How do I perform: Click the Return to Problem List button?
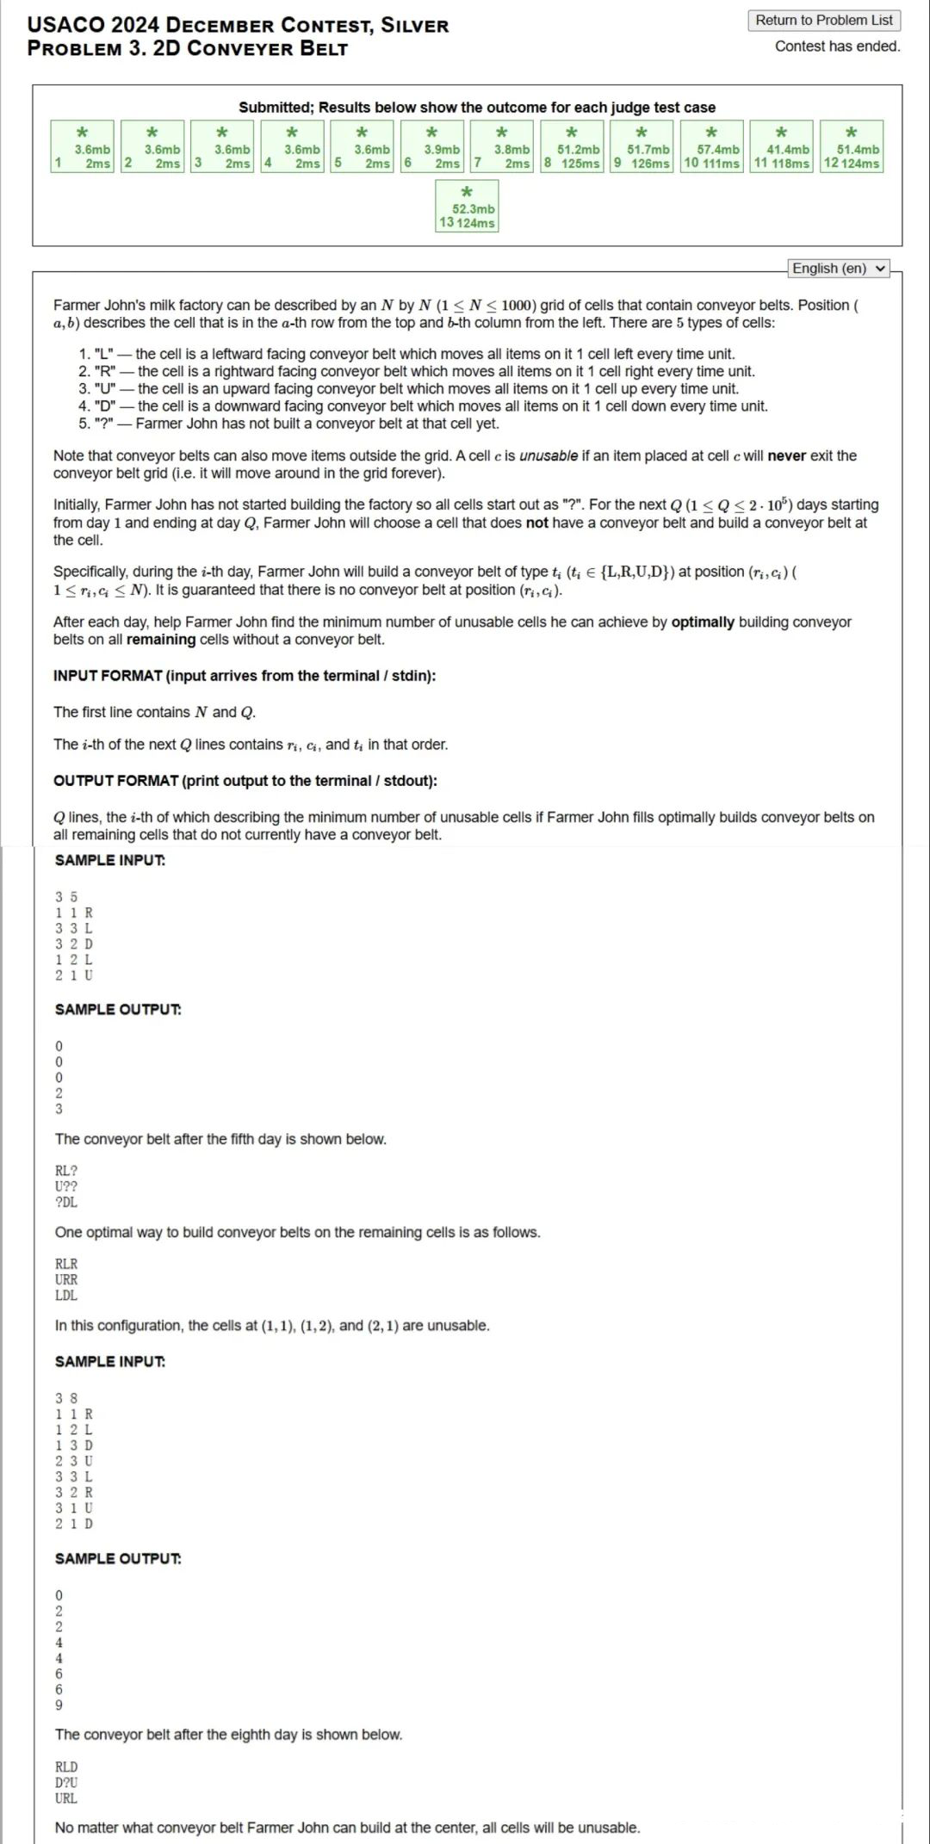click(x=824, y=20)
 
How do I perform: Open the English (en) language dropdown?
click(x=839, y=269)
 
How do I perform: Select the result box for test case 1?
click(x=82, y=147)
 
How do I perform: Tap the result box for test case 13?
click(x=467, y=207)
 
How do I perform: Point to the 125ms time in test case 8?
click(x=580, y=164)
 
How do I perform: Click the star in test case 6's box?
click(x=432, y=133)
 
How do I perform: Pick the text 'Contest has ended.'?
click(x=837, y=46)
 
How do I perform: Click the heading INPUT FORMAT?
click(x=245, y=676)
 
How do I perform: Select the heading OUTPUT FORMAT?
click(x=245, y=781)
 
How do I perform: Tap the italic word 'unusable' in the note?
click(x=549, y=455)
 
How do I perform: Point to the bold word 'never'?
click(x=786, y=455)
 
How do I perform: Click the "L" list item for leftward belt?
click(x=406, y=354)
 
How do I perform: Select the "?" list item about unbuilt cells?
click(x=288, y=424)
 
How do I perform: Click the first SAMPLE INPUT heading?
click(x=110, y=860)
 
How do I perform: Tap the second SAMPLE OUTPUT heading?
click(x=118, y=1558)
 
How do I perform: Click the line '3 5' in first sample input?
click(x=66, y=897)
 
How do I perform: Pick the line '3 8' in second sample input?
click(x=66, y=1398)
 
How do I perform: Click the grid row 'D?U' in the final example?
click(x=66, y=1783)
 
